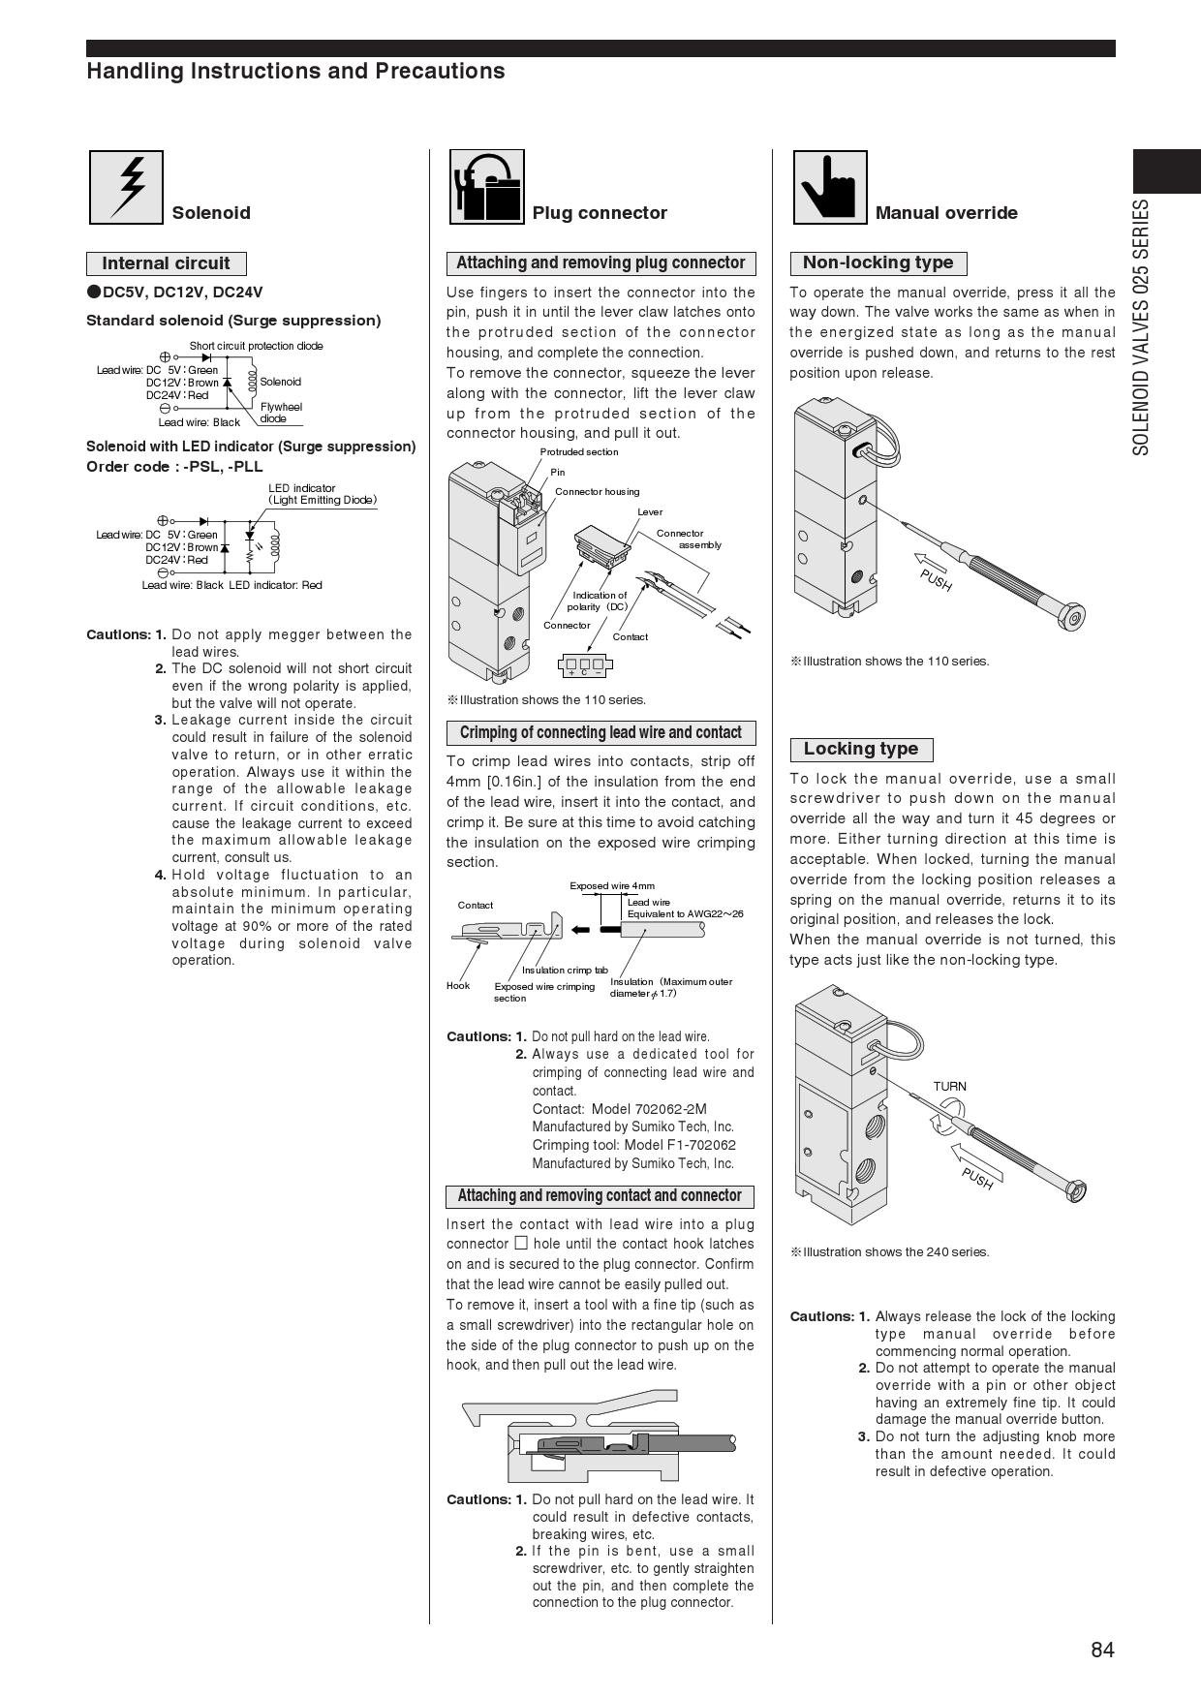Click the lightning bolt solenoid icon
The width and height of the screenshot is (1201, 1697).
pos(126,187)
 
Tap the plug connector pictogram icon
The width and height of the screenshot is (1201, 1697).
pos(487,187)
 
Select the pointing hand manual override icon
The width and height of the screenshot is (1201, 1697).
pos(830,187)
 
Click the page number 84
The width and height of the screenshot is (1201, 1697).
pos(1102,1650)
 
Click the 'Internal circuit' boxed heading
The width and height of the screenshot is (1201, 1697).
pos(166,263)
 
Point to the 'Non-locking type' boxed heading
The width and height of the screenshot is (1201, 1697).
pos(878,262)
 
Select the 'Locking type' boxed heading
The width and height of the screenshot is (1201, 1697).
pos(860,749)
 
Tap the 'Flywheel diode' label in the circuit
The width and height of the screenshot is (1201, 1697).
pos(280,413)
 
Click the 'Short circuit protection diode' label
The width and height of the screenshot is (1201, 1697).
pos(256,346)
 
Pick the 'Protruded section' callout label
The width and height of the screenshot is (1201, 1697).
pos(578,452)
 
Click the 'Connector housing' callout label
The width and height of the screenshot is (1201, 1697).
pos(597,492)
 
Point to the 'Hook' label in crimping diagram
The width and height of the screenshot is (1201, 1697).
pos(458,986)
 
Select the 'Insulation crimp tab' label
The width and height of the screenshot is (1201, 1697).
pos(565,970)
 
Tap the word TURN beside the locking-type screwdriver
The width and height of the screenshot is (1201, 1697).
pos(949,1086)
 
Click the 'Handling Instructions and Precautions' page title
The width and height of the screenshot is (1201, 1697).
pos(295,72)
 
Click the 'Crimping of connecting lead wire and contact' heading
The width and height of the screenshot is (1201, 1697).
pos(600,733)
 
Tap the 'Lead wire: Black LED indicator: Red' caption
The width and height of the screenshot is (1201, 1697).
pos(231,585)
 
